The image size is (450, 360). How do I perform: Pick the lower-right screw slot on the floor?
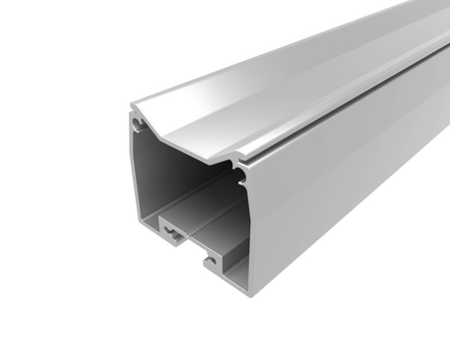(x=211, y=262)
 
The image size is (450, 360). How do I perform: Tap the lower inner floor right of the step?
(x=225, y=252)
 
